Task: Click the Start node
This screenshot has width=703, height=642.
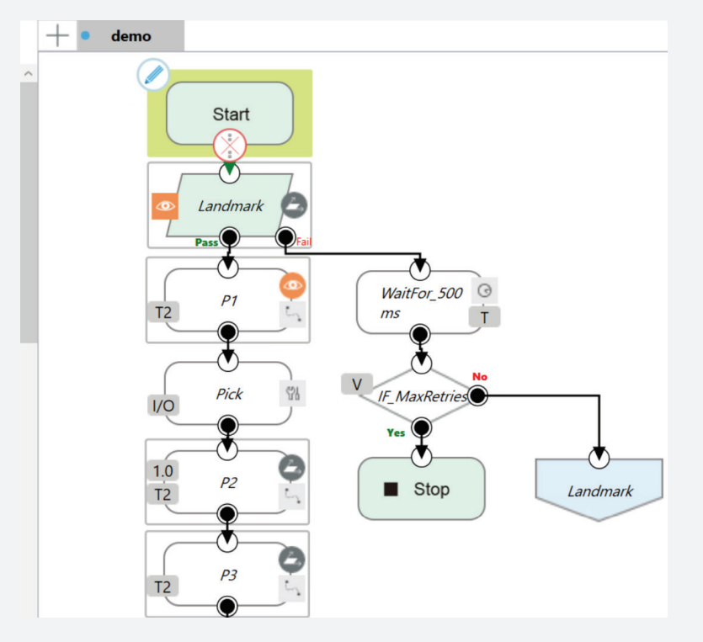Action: (230, 114)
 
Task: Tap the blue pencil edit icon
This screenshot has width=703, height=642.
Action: (153, 76)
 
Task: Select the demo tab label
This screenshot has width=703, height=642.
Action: (130, 36)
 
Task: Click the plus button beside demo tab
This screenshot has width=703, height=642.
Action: (57, 35)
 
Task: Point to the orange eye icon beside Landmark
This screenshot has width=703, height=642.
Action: (165, 206)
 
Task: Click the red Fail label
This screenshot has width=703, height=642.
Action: (304, 242)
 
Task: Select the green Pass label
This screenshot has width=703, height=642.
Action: (206, 242)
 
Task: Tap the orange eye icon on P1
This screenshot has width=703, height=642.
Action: (292, 286)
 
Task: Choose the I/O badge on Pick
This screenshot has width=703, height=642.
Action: (163, 406)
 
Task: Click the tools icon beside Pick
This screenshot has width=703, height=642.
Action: (292, 394)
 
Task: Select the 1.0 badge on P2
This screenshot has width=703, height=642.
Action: (162, 471)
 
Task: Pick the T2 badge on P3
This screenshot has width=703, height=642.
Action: (162, 586)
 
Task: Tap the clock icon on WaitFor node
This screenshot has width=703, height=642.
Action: (483, 291)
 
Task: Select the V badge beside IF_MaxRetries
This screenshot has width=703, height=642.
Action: (356, 385)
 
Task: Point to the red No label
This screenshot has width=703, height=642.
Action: (480, 376)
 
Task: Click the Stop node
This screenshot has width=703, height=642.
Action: (421, 489)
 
